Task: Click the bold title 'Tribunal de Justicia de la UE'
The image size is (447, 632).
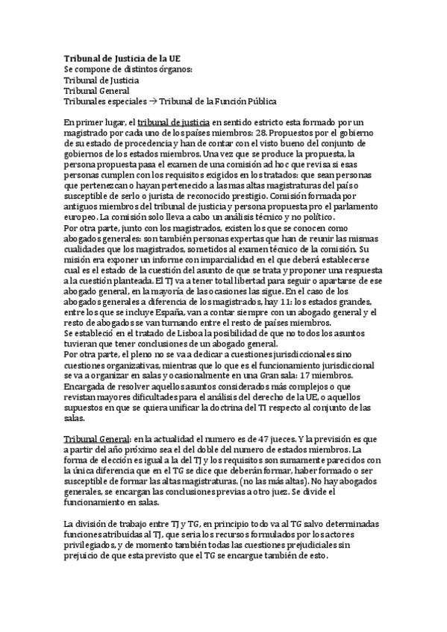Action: coord(121,58)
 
